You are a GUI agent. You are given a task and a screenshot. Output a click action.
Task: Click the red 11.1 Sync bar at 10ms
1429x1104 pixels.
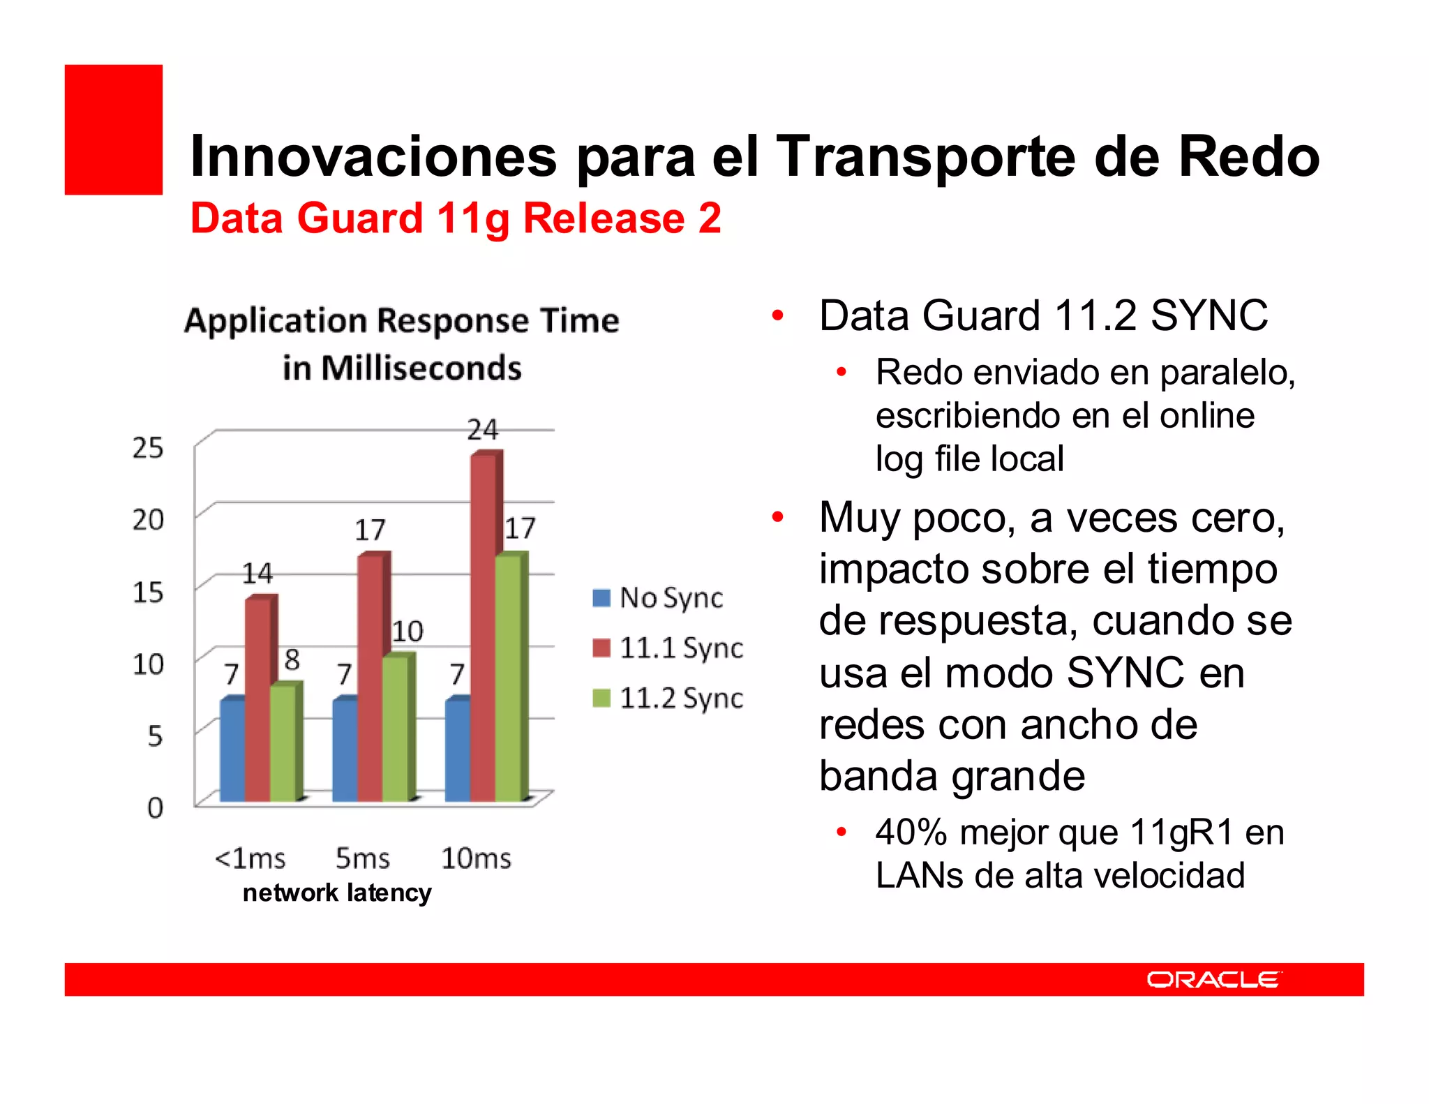tap(483, 628)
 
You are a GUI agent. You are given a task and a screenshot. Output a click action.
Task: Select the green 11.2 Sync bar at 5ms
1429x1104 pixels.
tap(395, 729)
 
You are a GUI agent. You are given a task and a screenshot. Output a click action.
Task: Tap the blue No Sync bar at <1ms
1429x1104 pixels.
tap(232, 750)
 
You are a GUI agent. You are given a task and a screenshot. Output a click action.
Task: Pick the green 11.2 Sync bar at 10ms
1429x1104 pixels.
tap(508, 677)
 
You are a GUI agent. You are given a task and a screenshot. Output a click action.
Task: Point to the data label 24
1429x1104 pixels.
tap(483, 429)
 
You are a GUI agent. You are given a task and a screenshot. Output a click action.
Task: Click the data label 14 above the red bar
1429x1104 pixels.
tap(257, 574)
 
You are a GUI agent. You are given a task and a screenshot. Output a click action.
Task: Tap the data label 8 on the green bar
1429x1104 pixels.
tap(292, 659)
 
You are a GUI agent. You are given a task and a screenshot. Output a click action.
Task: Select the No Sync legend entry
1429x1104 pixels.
tap(658, 598)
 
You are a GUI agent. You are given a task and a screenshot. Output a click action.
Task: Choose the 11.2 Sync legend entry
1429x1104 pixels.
tap(668, 698)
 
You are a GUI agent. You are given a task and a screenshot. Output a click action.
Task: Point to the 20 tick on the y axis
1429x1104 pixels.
tap(148, 520)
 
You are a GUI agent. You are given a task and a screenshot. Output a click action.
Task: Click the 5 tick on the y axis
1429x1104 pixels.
tap(155, 736)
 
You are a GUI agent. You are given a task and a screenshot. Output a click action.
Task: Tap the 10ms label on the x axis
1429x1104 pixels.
tap(476, 858)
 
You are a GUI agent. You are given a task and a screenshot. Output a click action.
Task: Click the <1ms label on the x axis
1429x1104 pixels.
tap(250, 858)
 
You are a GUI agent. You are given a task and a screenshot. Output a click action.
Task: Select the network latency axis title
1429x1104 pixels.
tap(337, 893)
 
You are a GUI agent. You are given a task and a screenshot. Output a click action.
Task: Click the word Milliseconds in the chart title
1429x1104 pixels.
tap(421, 368)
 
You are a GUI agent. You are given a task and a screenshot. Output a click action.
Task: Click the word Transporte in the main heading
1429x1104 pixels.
tap(927, 156)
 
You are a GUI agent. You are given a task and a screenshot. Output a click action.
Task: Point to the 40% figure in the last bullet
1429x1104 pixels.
tap(911, 833)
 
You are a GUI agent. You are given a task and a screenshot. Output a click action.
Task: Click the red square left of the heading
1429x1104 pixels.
tap(114, 130)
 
